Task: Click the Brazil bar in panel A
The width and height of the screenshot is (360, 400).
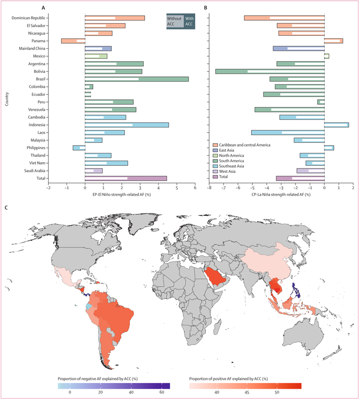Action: click(x=137, y=79)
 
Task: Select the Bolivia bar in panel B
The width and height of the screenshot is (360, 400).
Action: click(x=270, y=72)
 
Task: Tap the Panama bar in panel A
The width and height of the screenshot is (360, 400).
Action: click(x=73, y=41)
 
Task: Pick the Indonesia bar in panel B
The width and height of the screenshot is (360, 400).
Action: click(x=336, y=125)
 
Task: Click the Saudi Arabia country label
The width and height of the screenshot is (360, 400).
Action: click(x=35, y=171)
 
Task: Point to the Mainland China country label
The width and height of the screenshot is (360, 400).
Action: click(x=32, y=48)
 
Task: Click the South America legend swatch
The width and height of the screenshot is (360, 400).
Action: click(x=215, y=161)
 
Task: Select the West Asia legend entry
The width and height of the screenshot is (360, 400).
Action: click(x=224, y=171)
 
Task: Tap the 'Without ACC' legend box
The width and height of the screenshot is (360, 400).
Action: click(x=175, y=21)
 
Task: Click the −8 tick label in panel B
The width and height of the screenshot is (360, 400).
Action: click(x=209, y=188)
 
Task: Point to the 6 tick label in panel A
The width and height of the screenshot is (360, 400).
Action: click(x=195, y=188)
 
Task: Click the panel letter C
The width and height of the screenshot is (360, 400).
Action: click(x=6, y=208)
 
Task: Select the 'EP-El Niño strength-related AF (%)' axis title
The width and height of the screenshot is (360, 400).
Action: click(x=122, y=195)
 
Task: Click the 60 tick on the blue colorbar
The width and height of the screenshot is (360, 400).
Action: click(x=162, y=392)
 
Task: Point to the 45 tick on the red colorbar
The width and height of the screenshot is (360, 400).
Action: click(x=247, y=392)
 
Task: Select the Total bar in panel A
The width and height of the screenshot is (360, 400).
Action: click(x=126, y=178)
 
